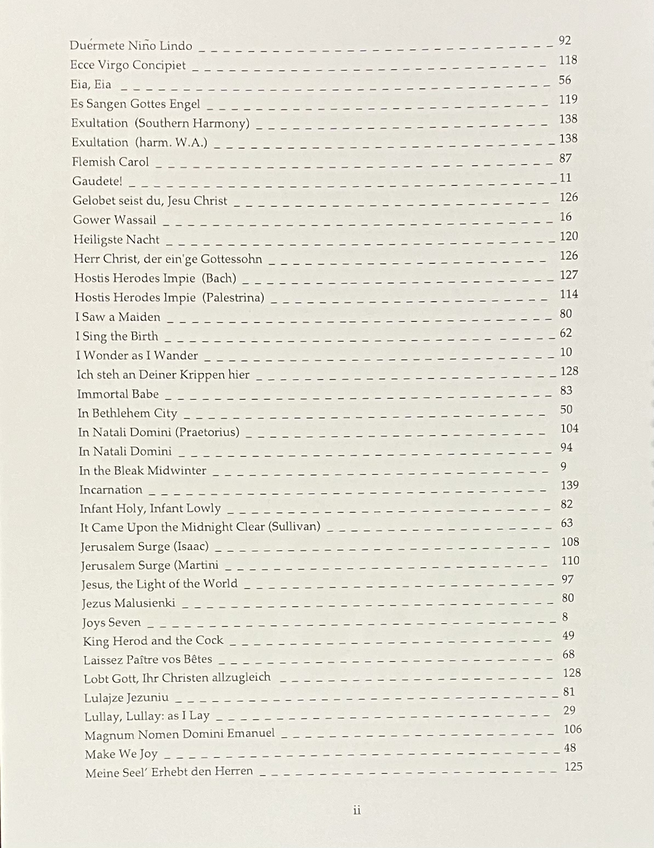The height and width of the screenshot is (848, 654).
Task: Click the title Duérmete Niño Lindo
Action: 131,46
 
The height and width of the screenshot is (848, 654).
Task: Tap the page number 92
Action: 565,40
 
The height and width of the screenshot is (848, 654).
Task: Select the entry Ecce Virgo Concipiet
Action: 128,65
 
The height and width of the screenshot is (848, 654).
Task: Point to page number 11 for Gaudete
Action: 565,178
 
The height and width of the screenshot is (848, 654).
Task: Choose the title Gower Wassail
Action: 115,220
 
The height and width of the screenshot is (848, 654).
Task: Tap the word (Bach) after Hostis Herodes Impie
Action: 219,278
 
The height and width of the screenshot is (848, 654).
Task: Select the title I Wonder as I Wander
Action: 137,355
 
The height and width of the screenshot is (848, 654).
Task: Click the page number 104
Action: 569,428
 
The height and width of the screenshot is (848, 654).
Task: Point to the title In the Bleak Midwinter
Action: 143,471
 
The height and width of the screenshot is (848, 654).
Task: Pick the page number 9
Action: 564,466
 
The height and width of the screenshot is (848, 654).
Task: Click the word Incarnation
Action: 110,490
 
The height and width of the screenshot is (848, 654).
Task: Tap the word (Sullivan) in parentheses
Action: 294,527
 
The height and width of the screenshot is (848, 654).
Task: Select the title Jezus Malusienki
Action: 128,603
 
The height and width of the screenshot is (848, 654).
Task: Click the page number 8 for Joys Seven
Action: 565,617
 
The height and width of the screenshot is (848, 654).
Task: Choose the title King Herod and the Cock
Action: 153,641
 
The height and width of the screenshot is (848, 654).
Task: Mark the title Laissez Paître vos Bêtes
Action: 147,659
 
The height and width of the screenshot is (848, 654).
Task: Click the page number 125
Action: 573,766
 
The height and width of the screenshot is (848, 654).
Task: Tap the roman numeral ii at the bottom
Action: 357,810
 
